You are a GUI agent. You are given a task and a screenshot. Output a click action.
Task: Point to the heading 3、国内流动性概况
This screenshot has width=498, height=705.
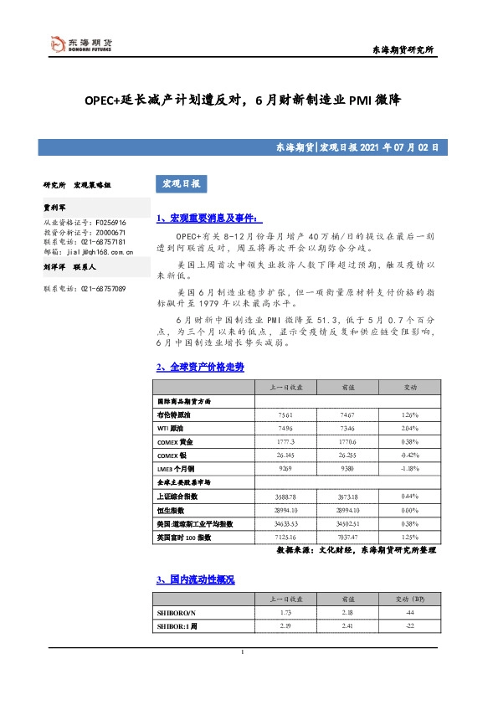(x=196, y=579)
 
